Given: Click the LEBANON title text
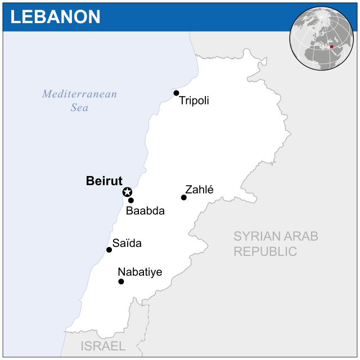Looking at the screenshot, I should tap(55, 16).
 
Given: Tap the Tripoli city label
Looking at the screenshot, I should tap(194, 101).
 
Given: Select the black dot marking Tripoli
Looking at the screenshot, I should tap(176, 93).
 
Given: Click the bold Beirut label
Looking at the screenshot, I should tap(104, 181).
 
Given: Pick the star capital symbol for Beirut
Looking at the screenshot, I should tap(127, 192).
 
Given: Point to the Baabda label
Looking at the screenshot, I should tap(145, 211).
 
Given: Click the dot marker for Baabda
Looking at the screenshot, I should tap(131, 200).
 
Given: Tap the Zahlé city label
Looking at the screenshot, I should tap(199, 190).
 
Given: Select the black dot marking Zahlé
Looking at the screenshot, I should tap(184, 197).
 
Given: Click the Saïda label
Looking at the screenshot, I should tap(127, 244).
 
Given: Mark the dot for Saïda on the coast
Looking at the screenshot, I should tap(109, 250).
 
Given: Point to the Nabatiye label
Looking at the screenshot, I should tap(139, 272).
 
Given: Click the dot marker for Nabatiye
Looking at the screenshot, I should tap(121, 281).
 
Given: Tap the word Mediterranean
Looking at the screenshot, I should tap(79, 94).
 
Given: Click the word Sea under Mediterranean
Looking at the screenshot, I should tap(79, 107).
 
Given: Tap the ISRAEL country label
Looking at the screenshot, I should tap(103, 345).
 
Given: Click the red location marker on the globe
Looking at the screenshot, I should tap(331, 47).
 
